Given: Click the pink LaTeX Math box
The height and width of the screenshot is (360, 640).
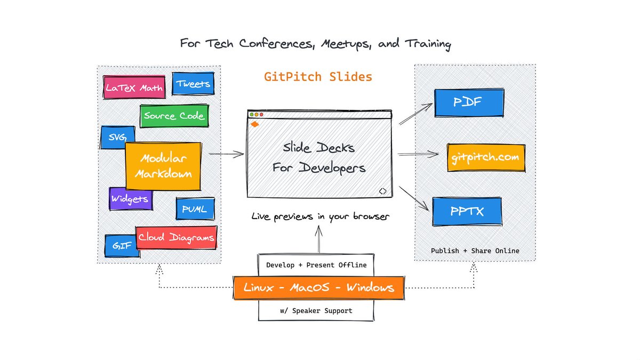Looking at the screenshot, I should [134, 87].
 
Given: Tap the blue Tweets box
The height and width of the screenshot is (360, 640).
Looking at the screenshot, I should [193, 84].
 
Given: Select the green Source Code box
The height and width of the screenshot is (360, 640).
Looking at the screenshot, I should [173, 116].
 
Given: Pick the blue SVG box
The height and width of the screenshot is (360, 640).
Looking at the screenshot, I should [113, 137].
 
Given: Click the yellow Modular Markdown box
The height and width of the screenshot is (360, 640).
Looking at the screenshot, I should [163, 166].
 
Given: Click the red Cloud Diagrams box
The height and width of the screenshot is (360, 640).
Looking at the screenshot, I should [177, 237].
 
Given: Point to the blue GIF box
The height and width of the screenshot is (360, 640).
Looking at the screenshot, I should [122, 246].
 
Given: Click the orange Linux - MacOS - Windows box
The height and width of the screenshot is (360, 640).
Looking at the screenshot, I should [318, 288].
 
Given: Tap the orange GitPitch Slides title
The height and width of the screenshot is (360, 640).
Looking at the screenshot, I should [318, 77].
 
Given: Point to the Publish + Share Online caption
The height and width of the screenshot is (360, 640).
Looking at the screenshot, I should [475, 251].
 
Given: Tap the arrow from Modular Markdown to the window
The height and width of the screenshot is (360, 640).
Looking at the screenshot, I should [226, 155].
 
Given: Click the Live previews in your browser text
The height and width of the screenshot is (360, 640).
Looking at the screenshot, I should [321, 217].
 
